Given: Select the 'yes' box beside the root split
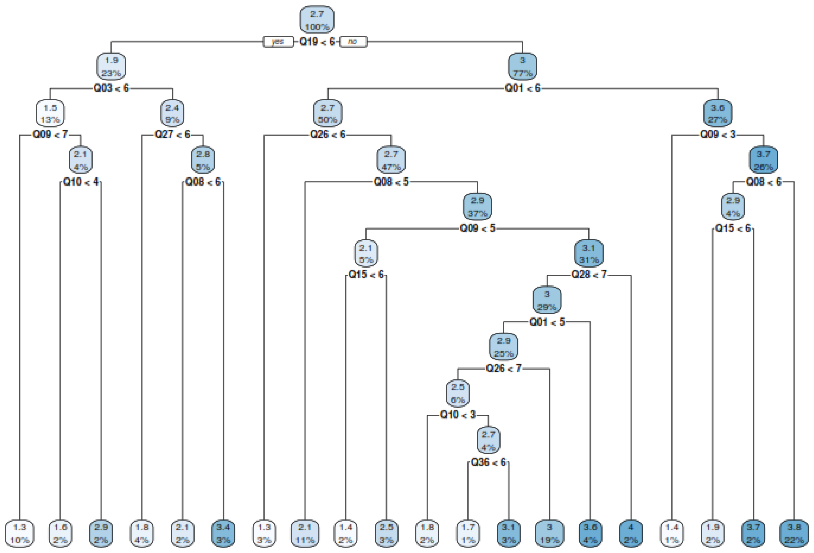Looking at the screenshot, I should pyautogui.click(x=278, y=42).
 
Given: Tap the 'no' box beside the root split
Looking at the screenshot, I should pyautogui.click(x=353, y=42).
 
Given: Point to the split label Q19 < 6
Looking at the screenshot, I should pyautogui.click(x=317, y=42).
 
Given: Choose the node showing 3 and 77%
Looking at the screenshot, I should pyautogui.click(x=522, y=67).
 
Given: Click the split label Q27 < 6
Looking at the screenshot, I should pyautogui.click(x=172, y=135).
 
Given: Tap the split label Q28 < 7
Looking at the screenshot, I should pyautogui.click(x=589, y=275).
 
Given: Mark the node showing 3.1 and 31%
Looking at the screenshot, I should pyautogui.click(x=589, y=253).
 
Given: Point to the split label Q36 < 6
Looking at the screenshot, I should pyautogui.click(x=488, y=462).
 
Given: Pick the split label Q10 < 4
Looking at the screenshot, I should pyautogui.click(x=80, y=182).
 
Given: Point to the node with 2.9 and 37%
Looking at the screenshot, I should pyautogui.click(x=477, y=207).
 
